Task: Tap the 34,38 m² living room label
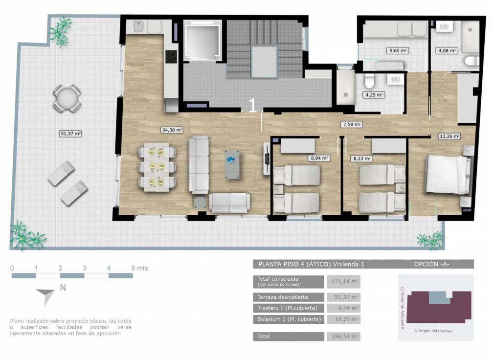(172, 130)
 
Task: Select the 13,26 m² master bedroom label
(449, 136)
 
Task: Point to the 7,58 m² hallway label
(352, 125)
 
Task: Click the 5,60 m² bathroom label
(398, 50)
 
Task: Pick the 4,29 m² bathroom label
(373, 95)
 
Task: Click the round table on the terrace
(67, 99)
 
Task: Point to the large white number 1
(252, 106)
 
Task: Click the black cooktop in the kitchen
(171, 57)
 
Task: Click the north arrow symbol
(46, 295)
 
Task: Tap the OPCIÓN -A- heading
(431, 264)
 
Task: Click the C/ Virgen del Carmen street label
(432, 331)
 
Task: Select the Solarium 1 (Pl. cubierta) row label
(289, 319)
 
